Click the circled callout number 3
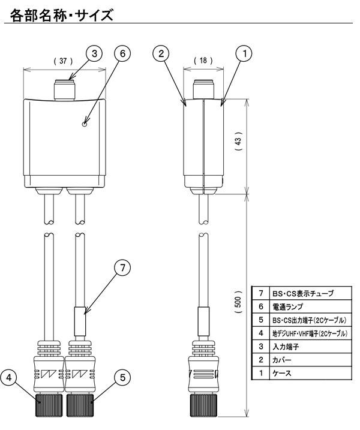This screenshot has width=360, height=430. tap(94, 53)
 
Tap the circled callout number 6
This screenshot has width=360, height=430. tap(122, 53)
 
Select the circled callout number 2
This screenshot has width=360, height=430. tap(161, 53)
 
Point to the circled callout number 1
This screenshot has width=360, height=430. tap(244, 53)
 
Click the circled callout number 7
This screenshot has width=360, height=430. tap(122, 267)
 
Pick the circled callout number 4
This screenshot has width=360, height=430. tap(9, 378)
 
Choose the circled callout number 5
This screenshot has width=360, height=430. tap(122, 378)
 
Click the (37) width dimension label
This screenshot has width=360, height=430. tap(64, 61)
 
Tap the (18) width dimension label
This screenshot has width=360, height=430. tap(203, 61)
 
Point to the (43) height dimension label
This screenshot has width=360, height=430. tap(238, 141)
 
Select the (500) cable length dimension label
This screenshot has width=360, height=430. tap(238, 302)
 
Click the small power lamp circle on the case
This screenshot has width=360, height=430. tap(85, 124)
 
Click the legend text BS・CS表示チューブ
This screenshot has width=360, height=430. tap(303, 293)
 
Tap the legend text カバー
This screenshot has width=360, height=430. tap(281, 360)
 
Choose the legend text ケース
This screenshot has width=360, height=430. tap(281, 373)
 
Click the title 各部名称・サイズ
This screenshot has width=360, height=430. tap(61, 15)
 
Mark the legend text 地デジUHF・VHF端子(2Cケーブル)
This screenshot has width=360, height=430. tap(310, 333)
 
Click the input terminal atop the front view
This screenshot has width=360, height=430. tap(64, 90)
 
